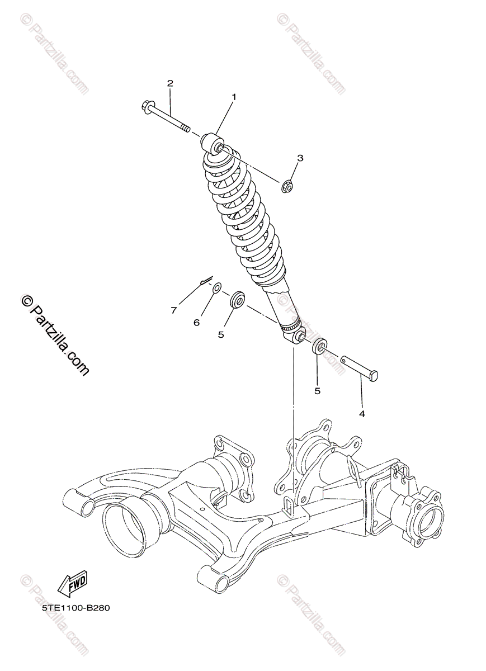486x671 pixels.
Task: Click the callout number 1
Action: click(234, 97)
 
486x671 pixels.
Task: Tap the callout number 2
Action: click(170, 83)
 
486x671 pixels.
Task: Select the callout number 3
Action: click(300, 158)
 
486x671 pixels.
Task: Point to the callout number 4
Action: click(362, 414)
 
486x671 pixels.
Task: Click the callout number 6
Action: click(196, 322)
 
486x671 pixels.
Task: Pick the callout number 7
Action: click(174, 309)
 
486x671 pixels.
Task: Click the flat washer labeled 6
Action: click(216, 289)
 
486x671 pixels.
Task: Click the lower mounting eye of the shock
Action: click(298, 335)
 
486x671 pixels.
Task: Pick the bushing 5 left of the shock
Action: click(237, 299)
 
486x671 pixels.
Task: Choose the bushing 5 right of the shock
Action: click(319, 346)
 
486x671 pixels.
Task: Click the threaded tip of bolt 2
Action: click(185, 129)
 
